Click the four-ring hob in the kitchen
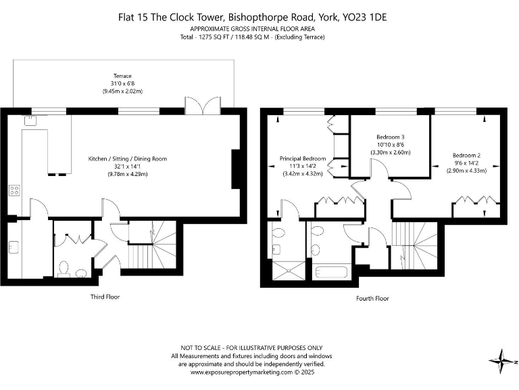point(14,190)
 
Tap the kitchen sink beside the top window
point(30,121)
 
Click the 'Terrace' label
point(122,76)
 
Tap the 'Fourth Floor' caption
point(372,298)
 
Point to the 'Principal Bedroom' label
point(303,158)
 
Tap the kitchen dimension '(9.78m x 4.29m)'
point(127,174)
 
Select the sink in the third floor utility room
point(14,246)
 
